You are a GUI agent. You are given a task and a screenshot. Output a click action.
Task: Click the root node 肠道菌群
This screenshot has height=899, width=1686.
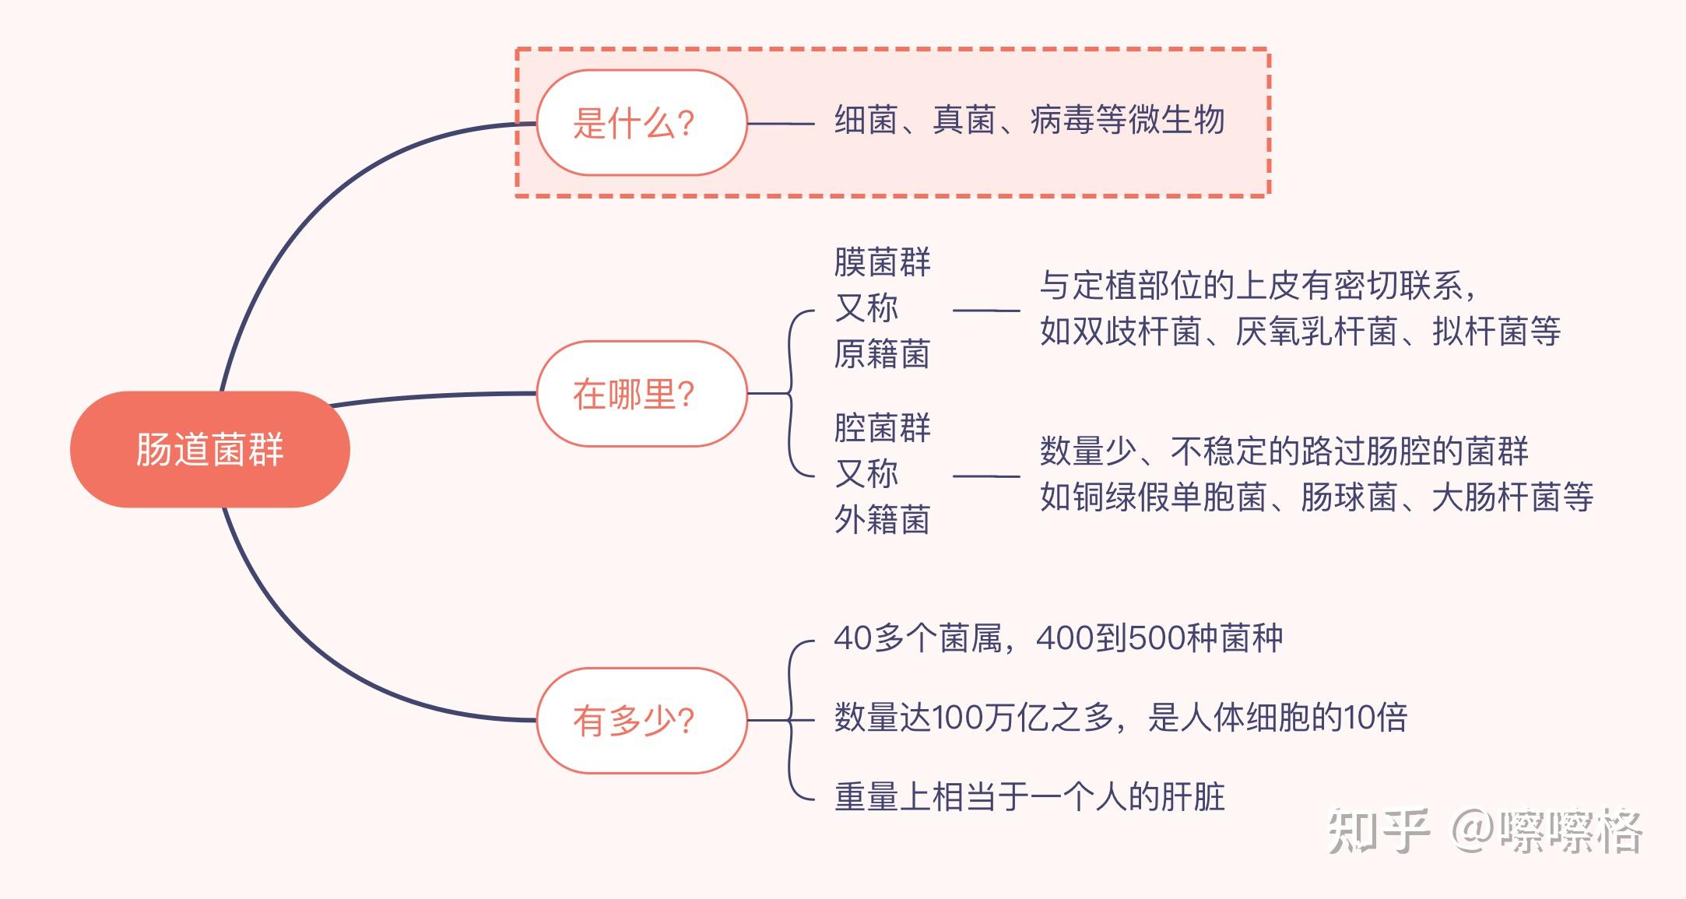click(x=209, y=449)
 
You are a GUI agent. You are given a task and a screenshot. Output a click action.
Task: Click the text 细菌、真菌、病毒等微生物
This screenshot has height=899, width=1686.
click(x=1029, y=121)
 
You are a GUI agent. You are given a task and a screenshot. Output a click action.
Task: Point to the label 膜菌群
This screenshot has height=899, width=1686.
click(x=882, y=262)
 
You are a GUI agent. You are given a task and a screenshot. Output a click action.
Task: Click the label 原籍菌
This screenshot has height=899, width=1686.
click(x=882, y=354)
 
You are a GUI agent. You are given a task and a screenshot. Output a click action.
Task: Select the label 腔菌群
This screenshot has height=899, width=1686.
click(x=882, y=428)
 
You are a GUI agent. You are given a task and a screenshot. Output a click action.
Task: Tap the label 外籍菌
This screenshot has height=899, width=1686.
click(x=882, y=519)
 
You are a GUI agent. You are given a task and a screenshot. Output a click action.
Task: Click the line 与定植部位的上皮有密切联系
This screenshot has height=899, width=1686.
click(x=1257, y=286)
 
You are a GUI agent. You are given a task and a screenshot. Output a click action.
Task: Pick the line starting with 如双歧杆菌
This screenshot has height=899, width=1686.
click(x=1300, y=332)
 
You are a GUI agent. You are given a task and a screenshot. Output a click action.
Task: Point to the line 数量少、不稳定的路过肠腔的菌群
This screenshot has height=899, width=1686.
click(x=1284, y=451)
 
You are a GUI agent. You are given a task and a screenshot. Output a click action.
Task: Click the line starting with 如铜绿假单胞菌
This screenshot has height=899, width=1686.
click(x=1315, y=497)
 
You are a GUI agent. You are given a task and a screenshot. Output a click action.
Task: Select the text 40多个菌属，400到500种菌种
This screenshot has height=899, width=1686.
click(x=1058, y=638)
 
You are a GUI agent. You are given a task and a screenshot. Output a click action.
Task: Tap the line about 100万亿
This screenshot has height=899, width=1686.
click(x=1121, y=718)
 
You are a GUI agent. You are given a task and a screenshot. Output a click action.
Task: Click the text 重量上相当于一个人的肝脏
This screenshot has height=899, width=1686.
click(x=1029, y=797)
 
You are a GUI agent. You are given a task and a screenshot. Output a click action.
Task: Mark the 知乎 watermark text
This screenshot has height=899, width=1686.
click(x=1379, y=831)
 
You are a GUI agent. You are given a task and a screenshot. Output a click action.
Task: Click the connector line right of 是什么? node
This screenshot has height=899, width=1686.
click(x=780, y=123)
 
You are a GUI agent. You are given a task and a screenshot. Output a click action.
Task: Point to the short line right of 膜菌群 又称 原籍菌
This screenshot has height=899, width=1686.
click(x=986, y=311)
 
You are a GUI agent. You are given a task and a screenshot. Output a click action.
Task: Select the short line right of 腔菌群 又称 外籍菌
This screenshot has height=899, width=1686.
click(x=986, y=476)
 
